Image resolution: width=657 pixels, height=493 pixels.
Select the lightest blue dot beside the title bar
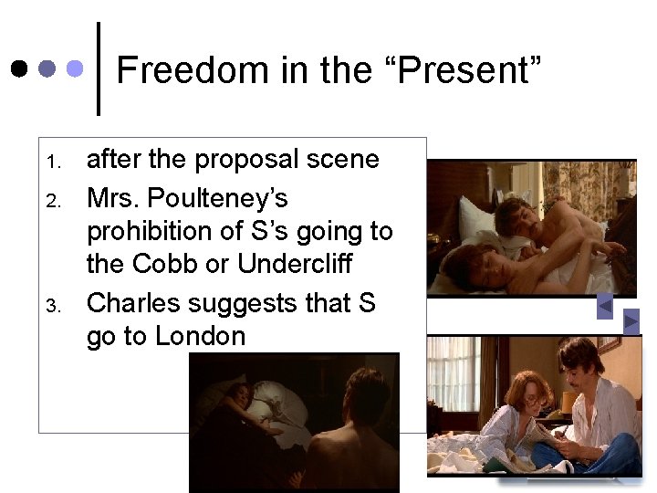tap(77, 68)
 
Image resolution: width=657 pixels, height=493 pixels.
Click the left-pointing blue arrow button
tap(604, 308)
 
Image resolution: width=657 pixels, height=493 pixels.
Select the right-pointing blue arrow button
tap(631, 320)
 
